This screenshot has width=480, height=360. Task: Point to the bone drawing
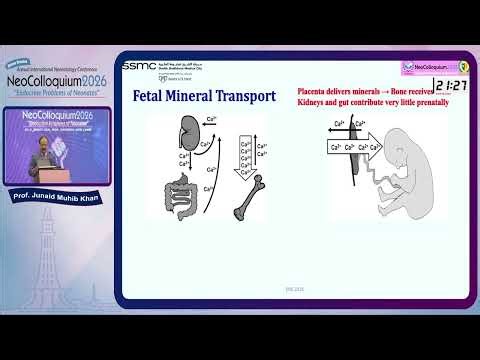tap(248, 199)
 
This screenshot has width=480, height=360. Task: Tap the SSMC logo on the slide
tap(139, 66)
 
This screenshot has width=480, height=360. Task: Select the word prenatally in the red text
tap(425, 103)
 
